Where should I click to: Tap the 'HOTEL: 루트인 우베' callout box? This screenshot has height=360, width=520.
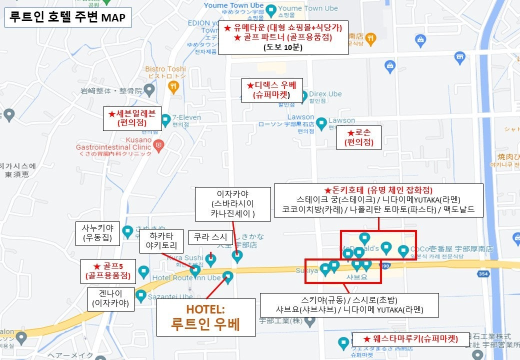[x=206, y=317]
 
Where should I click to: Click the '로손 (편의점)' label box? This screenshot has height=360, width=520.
[x=358, y=137]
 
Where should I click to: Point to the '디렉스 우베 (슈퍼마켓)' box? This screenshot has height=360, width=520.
[x=272, y=90]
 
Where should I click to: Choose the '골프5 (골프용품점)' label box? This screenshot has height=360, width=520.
[x=107, y=270]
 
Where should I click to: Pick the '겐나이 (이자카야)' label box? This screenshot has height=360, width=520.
[x=110, y=299]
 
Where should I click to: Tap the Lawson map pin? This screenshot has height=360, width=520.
[x=321, y=121]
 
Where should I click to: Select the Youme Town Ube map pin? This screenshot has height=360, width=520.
[x=270, y=9]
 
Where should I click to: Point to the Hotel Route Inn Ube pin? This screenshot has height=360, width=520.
[x=228, y=276]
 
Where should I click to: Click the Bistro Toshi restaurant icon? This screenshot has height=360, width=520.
[x=173, y=87]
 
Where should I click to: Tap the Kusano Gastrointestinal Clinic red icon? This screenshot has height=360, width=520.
[x=159, y=145]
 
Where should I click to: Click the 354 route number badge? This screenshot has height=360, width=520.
[x=482, y=274]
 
